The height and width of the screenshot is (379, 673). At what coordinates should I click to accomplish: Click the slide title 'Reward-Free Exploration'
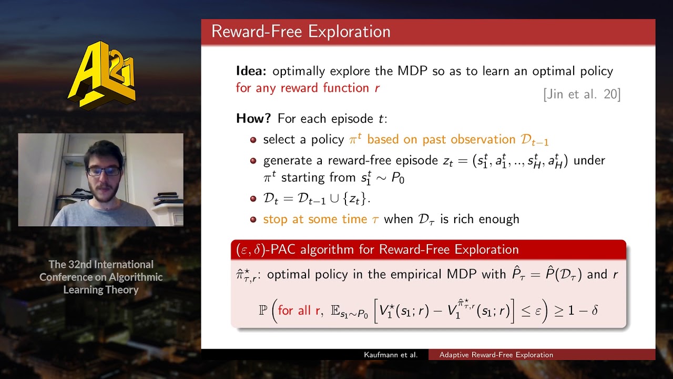(301, 32)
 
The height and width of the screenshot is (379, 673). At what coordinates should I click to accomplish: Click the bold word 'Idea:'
(251, 71)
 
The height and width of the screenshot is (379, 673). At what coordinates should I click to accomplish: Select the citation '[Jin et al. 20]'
(582, 94)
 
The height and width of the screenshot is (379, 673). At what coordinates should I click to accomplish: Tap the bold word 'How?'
(253, 118)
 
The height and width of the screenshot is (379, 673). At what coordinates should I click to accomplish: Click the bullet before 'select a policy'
(253, 140)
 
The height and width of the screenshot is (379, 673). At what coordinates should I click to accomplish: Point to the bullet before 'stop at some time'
(253, 220)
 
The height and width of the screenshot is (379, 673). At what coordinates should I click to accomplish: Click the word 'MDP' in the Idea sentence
(412, 71)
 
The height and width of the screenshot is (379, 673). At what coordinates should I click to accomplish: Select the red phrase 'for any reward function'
(302, 88)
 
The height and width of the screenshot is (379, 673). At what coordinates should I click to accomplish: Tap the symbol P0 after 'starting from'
(398, 178)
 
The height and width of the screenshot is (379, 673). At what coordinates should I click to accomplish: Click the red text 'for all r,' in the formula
(300, 310)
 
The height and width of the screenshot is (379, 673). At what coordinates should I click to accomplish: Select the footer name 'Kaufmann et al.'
(391, 355)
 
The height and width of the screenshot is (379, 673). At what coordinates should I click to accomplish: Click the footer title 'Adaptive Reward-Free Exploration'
(496, 355)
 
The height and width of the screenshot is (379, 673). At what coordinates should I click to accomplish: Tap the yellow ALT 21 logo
(102, 75)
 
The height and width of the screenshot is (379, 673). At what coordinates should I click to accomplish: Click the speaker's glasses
(104, 172)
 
